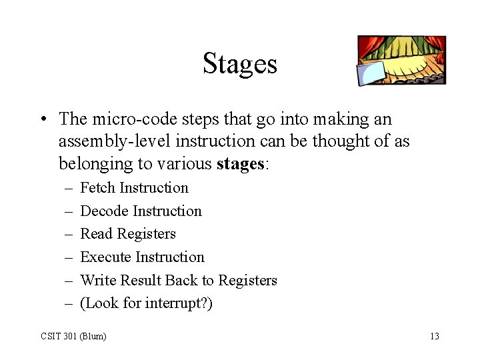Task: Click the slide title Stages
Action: (239, 64)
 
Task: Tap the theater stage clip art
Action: (401, 60)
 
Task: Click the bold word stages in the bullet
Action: (241, 164)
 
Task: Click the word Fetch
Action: (97, 188)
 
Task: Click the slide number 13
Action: (435, 336)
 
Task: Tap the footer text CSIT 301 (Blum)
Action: (73, 336)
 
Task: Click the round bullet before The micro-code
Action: (42, 120)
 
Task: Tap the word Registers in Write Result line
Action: (247, 281)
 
